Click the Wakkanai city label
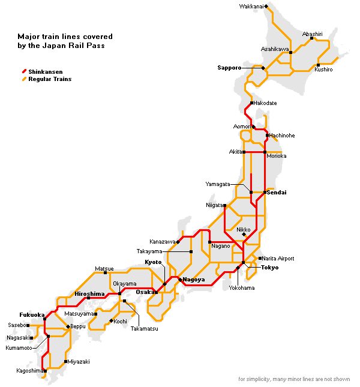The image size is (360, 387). click(x=251, y=6)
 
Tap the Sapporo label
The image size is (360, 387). click(x=229, y=68)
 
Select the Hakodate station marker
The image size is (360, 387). click(x=251, y=103)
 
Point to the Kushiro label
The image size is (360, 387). click(x=323, y=70)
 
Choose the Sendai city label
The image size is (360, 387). click(x=277, y=193)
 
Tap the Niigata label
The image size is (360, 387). click(x=214, y=205)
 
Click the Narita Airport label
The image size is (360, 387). click(x=278, y=259)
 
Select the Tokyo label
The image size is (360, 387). click(x=270, y=268)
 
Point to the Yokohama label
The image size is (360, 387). click(x=241, y=288)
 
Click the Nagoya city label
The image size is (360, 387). click(x=194, y=280)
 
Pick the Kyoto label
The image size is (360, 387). click(x=154, y=263)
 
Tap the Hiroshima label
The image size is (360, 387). click(x=90, y=293)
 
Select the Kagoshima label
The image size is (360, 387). click(x=30, y=371)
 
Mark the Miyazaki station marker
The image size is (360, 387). click(x=65, y=362)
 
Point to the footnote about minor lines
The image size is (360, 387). click(x=293, y=379)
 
